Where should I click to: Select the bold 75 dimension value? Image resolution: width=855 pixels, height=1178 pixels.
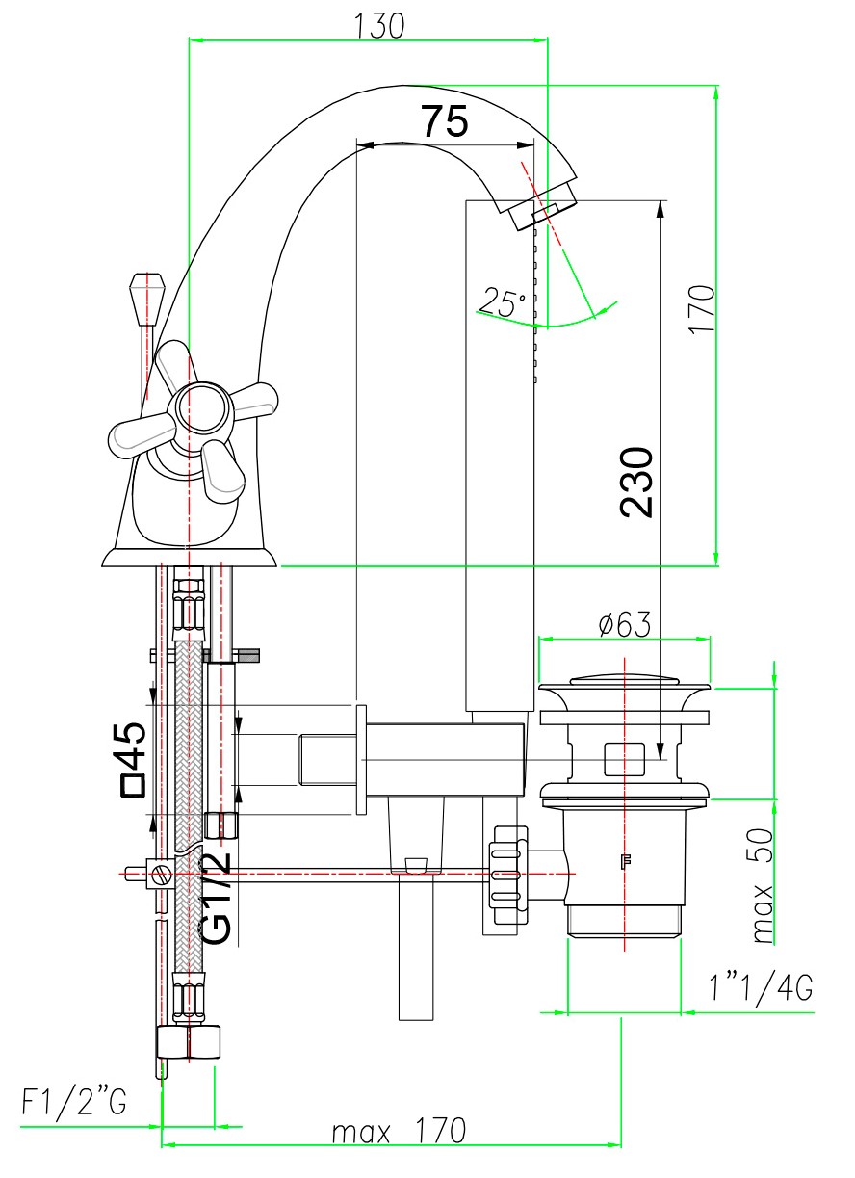coord(444,122)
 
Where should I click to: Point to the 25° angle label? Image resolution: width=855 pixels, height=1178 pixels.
coord(504,303)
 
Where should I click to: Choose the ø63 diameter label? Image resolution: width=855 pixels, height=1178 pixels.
coord(624,624)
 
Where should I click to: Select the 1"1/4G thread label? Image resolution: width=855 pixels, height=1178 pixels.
coord(760,988)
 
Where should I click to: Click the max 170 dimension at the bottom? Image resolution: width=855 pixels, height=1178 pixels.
coord(399,1130)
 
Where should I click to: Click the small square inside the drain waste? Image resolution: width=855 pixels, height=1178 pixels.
coord(624,758)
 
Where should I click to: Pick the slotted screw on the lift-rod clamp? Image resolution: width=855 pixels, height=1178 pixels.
coord(162,876)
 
